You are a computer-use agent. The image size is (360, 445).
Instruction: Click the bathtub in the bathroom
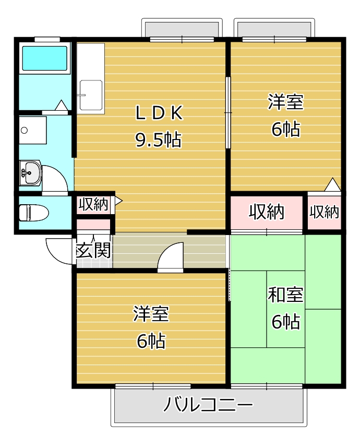[44, 58]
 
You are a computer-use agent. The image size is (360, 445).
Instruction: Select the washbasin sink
[31, 173]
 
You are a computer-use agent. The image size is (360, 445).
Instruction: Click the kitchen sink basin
[91, 95]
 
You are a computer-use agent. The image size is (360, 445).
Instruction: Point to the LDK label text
[159, 113]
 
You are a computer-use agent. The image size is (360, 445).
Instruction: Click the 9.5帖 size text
[158, 139]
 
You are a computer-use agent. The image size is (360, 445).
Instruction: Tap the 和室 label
[285, 295]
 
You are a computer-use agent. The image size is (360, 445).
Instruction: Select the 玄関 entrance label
[93, 250]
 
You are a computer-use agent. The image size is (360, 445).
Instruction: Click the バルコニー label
[208, 404]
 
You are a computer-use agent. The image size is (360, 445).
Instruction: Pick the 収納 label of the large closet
[267, 212]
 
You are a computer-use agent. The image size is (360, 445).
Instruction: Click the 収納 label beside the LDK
[93, 204]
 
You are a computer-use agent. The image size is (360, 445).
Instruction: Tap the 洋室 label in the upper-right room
[285, 102]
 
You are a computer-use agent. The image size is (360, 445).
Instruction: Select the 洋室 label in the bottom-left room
[151, 314]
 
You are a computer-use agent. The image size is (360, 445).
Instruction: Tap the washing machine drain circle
[25, 131]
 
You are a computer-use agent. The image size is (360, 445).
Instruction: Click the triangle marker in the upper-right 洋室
[332, 185]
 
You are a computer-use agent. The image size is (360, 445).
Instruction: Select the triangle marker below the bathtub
[61, 106]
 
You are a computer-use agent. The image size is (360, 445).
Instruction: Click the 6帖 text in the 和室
[285, 322]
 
